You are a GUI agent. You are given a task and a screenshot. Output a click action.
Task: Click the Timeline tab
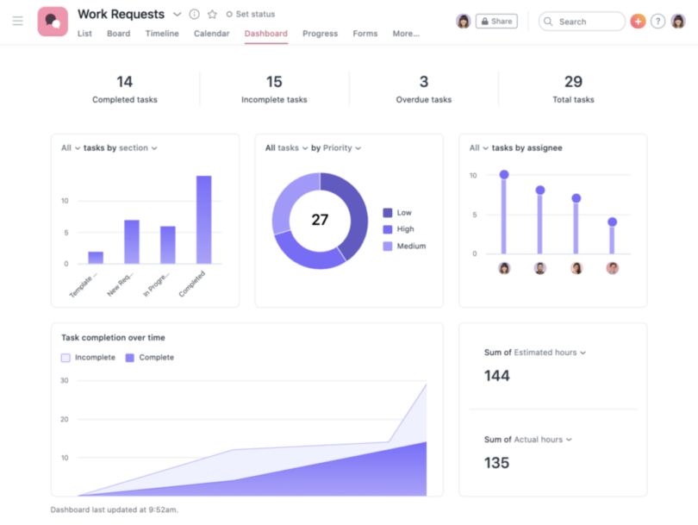click(x=162, y=34)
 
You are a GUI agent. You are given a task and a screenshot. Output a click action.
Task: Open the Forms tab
click(x=365, y=34)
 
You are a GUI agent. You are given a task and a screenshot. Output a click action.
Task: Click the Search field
click(x=582, y=22)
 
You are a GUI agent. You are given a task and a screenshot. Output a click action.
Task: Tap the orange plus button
click(x=638, y=22)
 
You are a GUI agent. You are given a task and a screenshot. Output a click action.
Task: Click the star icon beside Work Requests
click(x=212, y=15)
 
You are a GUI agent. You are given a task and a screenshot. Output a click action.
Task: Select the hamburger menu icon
click(x=17, y=22)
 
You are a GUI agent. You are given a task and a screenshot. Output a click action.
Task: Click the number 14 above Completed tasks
click(x=125, y=82)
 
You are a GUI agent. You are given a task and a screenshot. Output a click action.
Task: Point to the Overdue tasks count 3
click(x=424, y=82)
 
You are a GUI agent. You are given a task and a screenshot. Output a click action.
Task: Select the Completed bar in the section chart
click(x=204, y=220)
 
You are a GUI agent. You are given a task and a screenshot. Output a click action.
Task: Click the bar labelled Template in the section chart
click(x=96, y=258)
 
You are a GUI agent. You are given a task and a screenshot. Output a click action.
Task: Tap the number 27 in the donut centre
click(x=320, y=220)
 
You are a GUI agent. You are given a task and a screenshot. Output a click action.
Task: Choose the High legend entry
click(x=405, y=229)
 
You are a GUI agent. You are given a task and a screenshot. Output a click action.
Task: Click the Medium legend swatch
click(x=388, y=247)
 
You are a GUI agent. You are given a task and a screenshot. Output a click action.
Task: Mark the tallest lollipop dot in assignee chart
click(x=504, y=175)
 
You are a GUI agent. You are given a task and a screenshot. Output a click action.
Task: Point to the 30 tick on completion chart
click(x=65, y=380)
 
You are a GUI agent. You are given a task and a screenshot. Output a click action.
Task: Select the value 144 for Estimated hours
click(x=497, y=376)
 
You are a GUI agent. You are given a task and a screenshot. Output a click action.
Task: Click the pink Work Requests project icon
click(x=53, y=22)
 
